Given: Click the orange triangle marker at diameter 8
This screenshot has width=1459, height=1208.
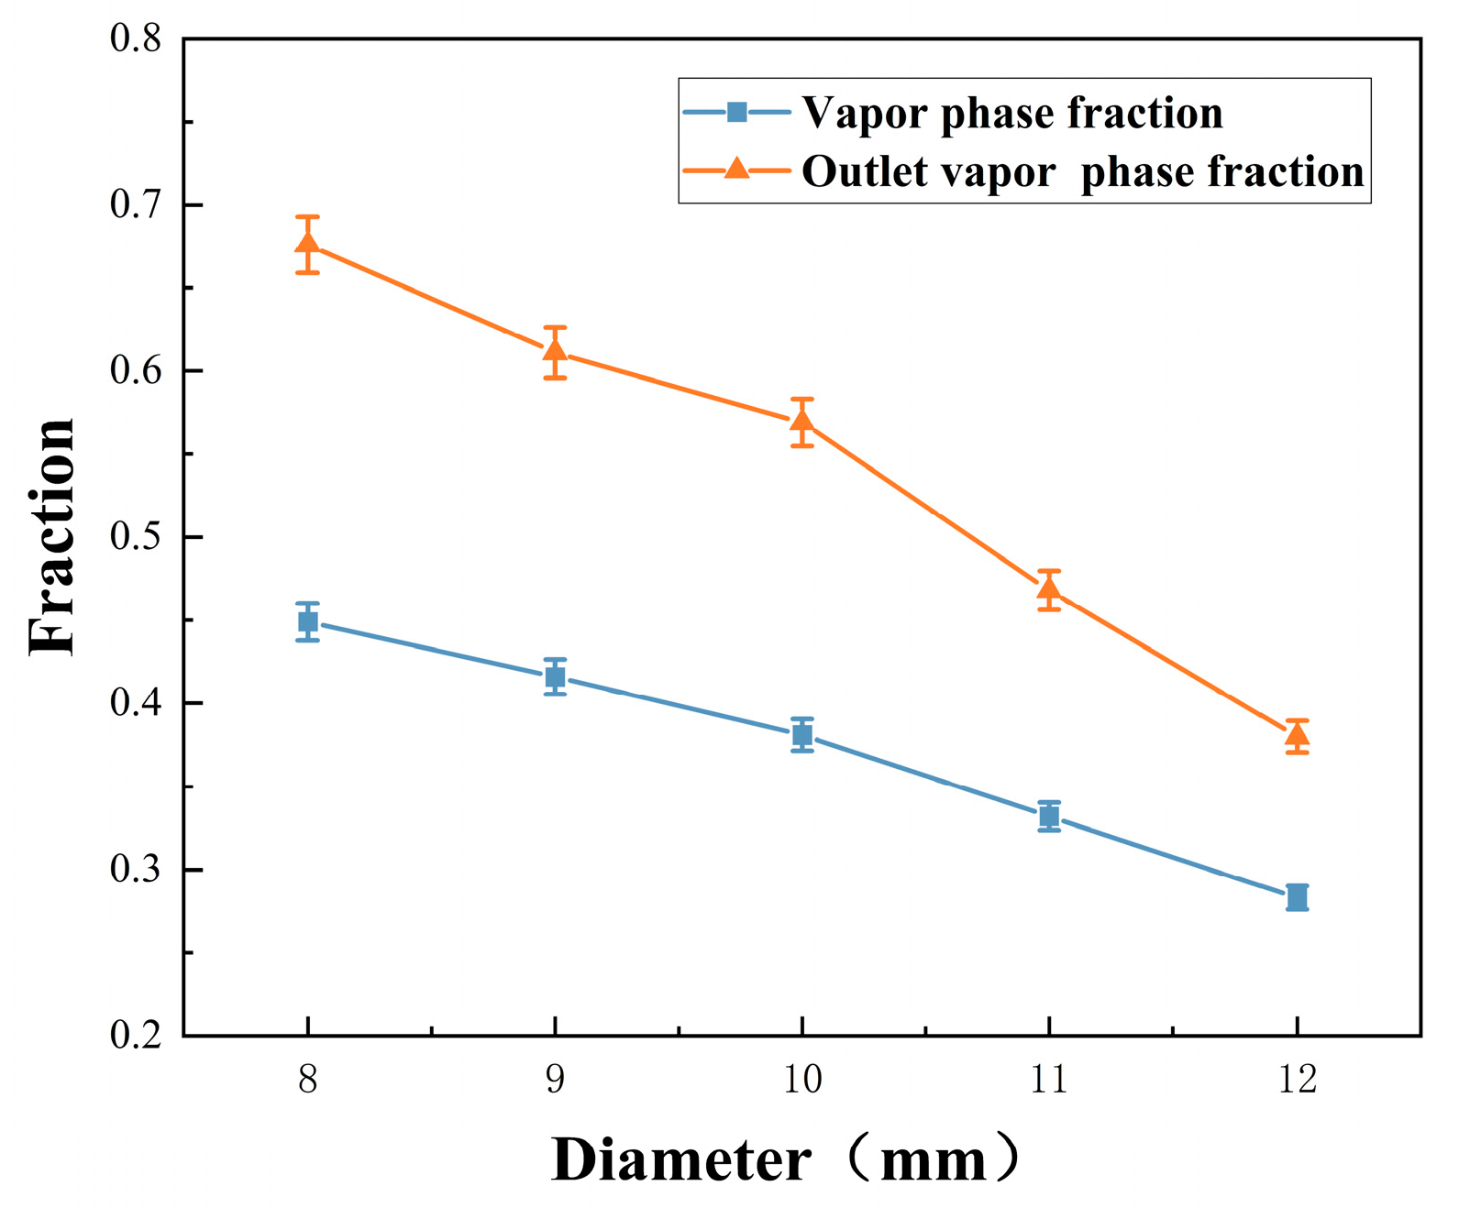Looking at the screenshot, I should click(308, 243).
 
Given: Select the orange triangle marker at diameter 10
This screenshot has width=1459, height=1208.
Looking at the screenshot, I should click(802, 422).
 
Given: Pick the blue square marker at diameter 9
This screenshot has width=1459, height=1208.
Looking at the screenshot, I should click(555, 677).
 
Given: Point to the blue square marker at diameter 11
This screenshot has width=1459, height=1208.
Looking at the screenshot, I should click(1050, 816).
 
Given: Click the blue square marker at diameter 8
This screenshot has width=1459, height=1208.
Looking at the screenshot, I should click(308, 622).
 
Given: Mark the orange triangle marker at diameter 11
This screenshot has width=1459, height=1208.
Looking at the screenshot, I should click(1050, 588).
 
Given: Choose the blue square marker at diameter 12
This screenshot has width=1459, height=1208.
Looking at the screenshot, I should click(1297, 896).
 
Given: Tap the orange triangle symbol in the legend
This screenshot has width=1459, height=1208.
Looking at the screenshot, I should click(736, 170).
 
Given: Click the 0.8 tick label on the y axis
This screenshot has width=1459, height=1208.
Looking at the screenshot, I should click(135, 39).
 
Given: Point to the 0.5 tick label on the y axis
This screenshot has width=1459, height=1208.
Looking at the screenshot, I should click(135, 537).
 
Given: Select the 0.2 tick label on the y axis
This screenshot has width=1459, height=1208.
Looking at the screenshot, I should click(135, 1036).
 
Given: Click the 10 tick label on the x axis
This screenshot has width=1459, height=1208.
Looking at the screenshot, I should click(802, 1080).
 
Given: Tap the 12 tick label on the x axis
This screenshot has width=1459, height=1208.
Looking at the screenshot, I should click(1297, 1080).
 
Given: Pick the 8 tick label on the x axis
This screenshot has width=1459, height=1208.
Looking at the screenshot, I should click(308, 1080).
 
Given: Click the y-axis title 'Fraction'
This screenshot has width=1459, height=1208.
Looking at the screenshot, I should click(52, 537).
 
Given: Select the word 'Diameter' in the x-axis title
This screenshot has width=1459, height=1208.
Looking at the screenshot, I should click(680, 1160).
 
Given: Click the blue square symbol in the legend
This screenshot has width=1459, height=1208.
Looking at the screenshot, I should click(736, 113).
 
